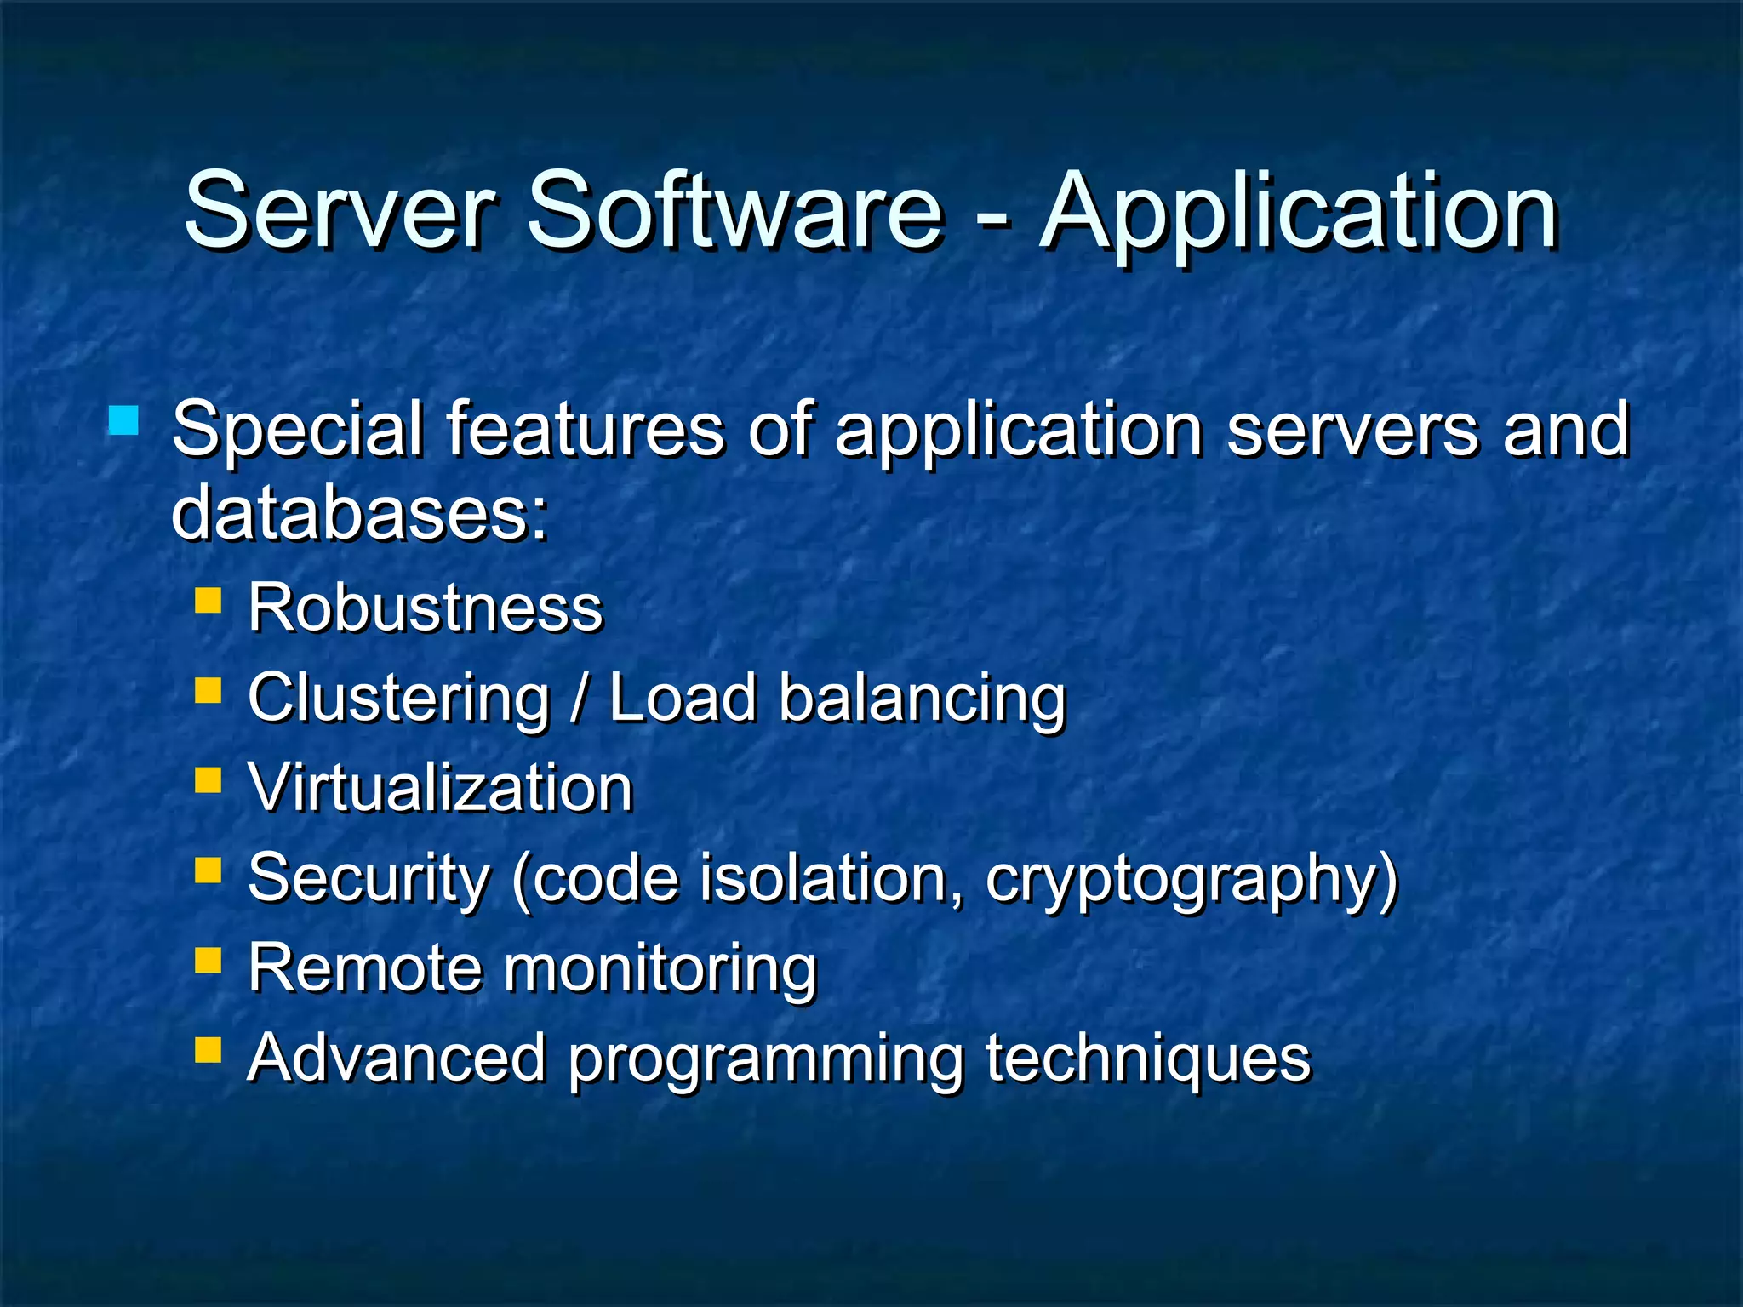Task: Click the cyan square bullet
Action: point(124,421)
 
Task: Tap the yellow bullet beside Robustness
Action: point(208,601)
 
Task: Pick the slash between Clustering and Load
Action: point(580,698)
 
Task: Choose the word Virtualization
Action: point(441,788)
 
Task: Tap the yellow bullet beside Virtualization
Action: point(208,780)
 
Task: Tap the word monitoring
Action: point(660,970)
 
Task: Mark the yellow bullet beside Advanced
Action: point(208,1051)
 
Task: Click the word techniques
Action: point(1148,1059)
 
